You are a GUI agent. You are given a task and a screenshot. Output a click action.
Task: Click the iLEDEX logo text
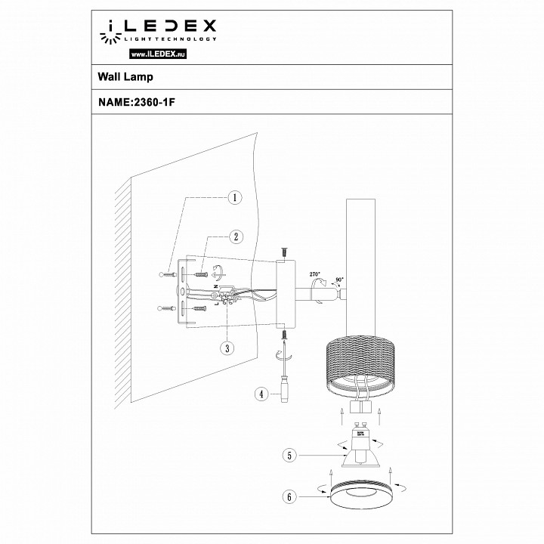168,28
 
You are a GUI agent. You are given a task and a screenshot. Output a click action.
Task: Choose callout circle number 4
261,394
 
